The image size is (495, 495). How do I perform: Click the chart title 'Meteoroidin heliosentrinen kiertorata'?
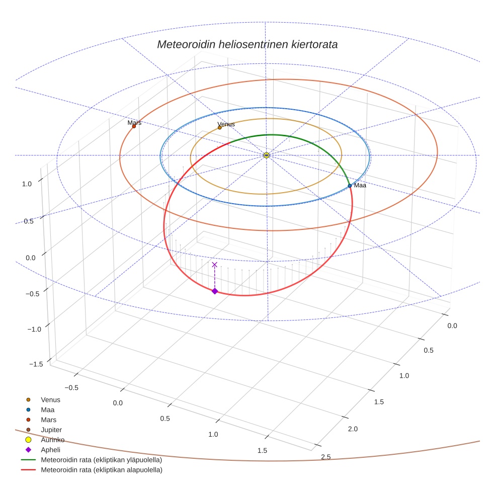(x=247, y=44)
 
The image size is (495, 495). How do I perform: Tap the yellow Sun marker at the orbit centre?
(x=266, y=155)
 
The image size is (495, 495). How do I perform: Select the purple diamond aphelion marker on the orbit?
(x=215, y=291)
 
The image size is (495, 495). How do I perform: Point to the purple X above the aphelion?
(x=215, y=265)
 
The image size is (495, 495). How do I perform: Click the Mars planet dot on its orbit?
(x=134, y=126)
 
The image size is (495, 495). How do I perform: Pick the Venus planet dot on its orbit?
(x=220, y=127)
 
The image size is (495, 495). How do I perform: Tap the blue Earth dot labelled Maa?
(x=350, y=186)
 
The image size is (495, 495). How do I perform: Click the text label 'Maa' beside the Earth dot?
(x=360, y=186)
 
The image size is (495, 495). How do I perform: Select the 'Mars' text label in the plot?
(x=134, y=122)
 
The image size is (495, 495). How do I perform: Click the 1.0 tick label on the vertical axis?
(x=27, y=184)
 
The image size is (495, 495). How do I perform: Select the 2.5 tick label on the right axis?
(x=325, y=457)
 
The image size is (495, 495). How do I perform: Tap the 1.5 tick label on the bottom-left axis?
(x=262, y=451)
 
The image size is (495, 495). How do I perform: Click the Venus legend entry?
(x=50, y=399)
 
